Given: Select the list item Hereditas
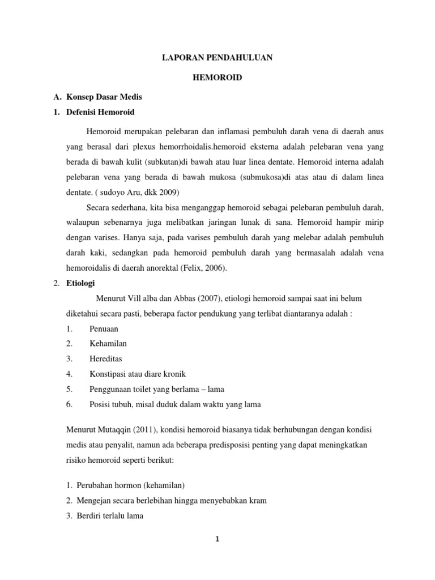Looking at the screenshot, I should pyautogui.click(x=106, y=359).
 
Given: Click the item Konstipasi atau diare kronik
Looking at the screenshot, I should pyautogui.click(x=138, y=374).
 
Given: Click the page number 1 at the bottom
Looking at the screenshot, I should pyautogui.click(x=217, y=540).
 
